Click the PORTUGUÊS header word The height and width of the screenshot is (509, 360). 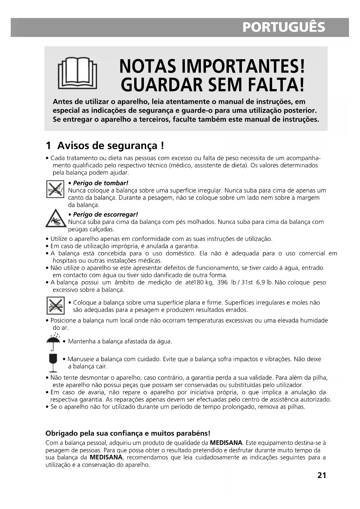[283, 27]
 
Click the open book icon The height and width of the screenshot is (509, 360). [77, 73]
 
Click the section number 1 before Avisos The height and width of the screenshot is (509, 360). [49, 146]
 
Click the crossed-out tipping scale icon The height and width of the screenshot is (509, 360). [55, 189]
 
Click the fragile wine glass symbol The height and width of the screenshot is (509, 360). [53, 363]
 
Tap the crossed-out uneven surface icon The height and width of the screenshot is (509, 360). [55, 306]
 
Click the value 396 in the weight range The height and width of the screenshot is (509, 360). [222, 282]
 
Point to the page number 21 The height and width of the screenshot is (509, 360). [322, 475]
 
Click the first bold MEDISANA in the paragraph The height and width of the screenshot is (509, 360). [226, 443]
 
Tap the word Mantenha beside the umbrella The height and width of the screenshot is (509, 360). [82, 342]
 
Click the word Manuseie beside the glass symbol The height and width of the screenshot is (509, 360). [81, 359]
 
